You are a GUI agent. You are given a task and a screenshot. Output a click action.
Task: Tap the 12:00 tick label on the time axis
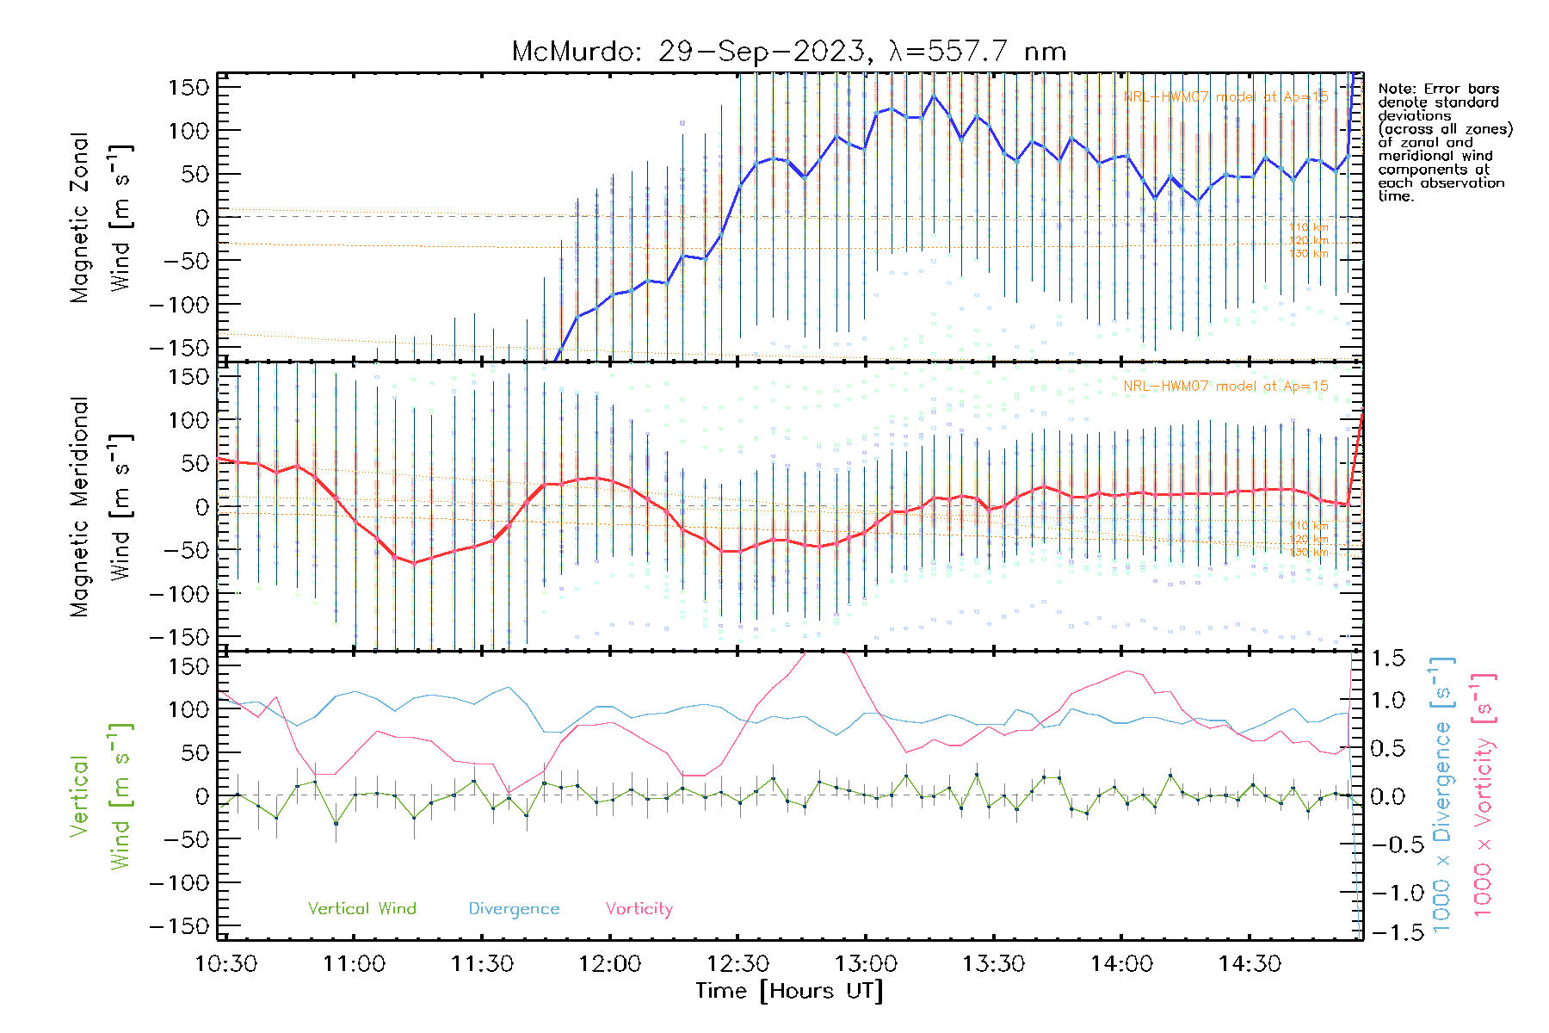(x=609, y=964)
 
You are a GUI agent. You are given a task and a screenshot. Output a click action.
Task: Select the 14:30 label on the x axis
(x=1250, y=964)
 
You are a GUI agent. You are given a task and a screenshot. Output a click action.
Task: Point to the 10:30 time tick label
(x=226, y=964)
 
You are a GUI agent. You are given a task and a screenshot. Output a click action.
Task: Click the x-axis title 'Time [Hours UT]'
(x=789, y=991)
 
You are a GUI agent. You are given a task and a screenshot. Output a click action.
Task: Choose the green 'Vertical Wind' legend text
(x=361, y=908)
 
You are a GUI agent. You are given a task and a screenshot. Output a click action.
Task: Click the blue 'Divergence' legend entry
(x=514, y=908)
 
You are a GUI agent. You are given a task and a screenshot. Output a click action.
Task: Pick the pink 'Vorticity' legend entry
(x=639, y=908)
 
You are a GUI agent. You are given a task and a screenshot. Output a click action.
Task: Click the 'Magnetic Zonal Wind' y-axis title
(x=101, y=217)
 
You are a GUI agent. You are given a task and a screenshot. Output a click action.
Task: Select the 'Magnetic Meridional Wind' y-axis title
(x=101, y=506)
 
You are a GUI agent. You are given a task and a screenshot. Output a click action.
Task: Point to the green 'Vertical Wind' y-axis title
(x=101, y=796)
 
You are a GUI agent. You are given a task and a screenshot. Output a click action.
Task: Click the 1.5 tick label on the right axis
(x=1387, y=659)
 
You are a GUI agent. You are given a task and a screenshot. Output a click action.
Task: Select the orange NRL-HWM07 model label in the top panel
(x=1225, y=96)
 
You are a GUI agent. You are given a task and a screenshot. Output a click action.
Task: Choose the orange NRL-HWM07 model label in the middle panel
(x=1225, y=386)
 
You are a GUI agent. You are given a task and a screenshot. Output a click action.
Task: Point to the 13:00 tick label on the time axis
(x=866, y=964)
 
